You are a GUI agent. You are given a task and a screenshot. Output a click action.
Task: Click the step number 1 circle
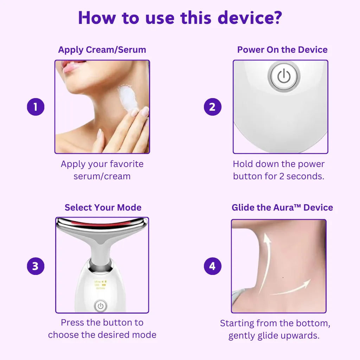tap(36, 107)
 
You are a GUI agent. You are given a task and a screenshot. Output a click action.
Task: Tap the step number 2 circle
tap(213, 107)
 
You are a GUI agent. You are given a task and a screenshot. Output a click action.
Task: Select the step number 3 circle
tap(36, 266)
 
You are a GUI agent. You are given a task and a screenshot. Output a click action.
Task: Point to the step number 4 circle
tap(213, 266)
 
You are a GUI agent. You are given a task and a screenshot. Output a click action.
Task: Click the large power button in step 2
tap(284, 76)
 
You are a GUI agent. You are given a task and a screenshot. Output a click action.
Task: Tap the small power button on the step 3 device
tap(101, 306)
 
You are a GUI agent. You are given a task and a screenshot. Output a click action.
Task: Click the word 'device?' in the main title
tap(250, 18)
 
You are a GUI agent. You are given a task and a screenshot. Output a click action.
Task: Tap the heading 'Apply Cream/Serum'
tap(102, 50)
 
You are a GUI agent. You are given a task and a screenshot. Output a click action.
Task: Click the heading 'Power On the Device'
tap(282, 50)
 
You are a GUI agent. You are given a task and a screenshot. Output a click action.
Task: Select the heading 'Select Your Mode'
tap(103, 207)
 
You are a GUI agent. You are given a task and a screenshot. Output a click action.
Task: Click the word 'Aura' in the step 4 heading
tap(283, 207)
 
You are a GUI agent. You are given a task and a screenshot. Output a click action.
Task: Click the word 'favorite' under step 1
tap(127, 164)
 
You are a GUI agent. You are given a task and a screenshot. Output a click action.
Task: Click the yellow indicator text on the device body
tap(101, 285)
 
